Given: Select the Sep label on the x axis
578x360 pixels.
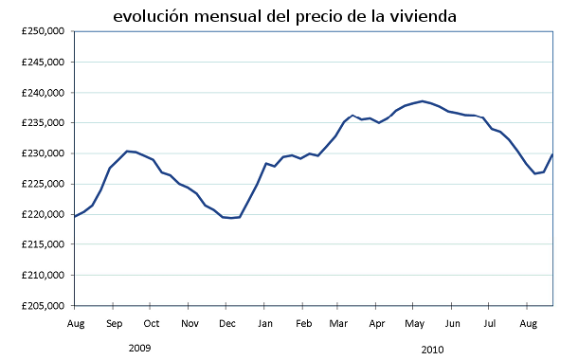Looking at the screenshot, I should (113, 324).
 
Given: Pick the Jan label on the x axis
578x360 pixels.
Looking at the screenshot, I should (265, 324).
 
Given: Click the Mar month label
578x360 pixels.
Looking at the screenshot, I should (338, 324).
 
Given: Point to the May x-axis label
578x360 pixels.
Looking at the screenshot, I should (414, 324).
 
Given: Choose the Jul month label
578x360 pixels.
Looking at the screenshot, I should (490, 324).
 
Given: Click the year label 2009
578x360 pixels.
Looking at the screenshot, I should (139, 348).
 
